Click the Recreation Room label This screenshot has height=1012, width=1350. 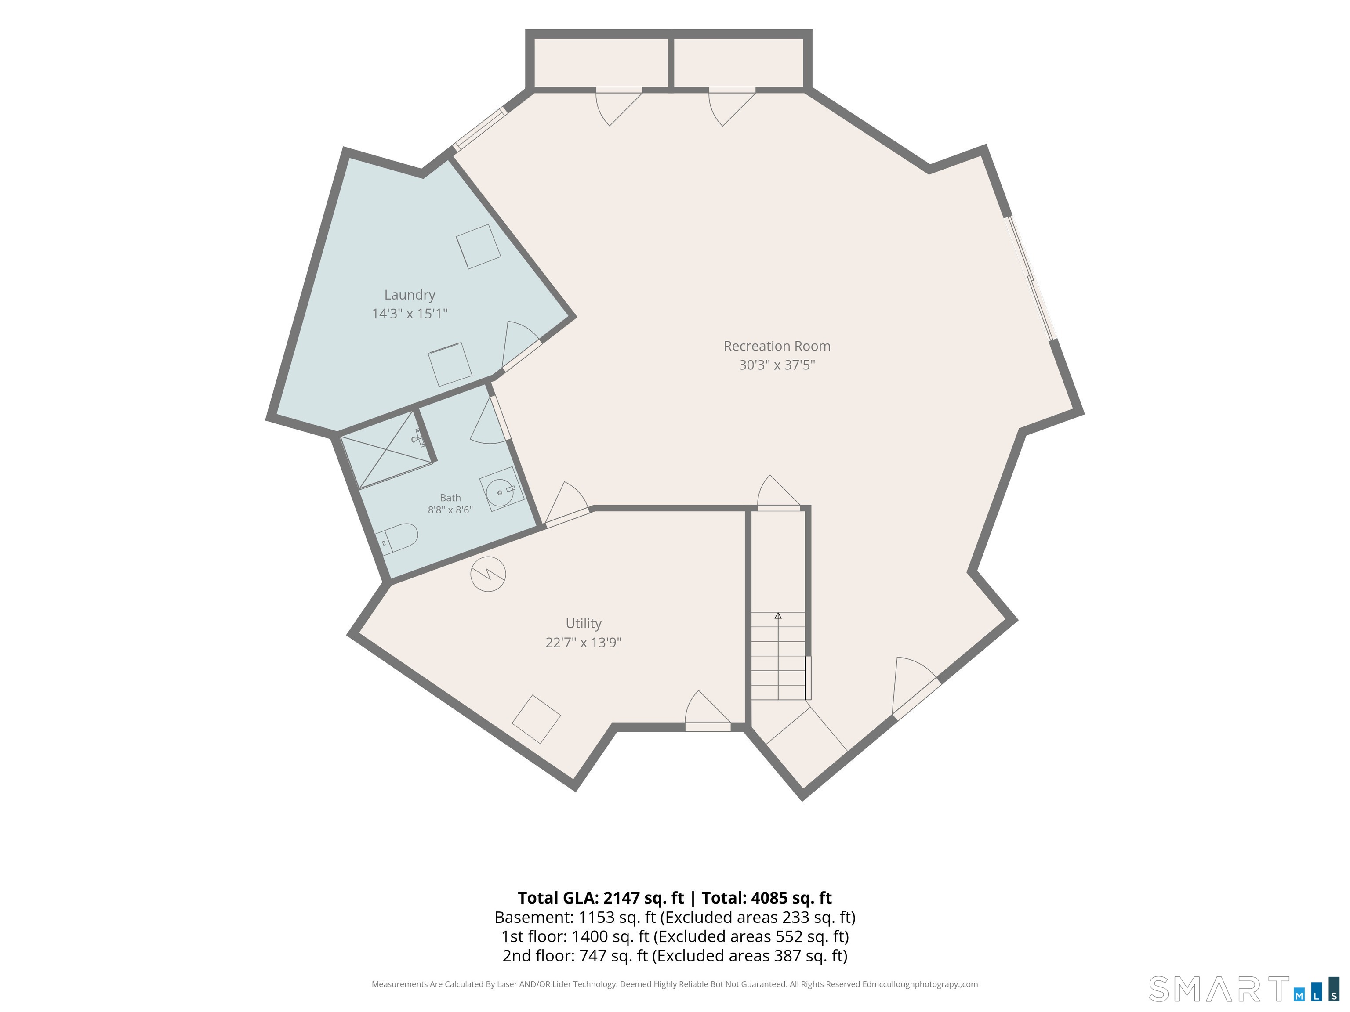777,346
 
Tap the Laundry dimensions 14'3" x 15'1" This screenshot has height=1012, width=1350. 410,314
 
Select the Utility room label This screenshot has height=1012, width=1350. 584,623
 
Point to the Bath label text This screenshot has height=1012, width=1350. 450,498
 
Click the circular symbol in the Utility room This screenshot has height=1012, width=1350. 488,574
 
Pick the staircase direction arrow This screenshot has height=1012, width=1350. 778,656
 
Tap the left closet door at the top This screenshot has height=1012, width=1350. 618,107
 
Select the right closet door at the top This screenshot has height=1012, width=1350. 732,107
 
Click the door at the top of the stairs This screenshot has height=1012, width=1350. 779,493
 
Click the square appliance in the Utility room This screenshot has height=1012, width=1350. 537,719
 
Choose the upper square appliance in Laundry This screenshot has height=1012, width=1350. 479,246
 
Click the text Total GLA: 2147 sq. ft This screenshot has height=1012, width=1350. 601,898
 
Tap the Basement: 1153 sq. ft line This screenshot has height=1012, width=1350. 675,918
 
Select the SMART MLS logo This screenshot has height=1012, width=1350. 1244,989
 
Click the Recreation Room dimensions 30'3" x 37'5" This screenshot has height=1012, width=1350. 777,365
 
